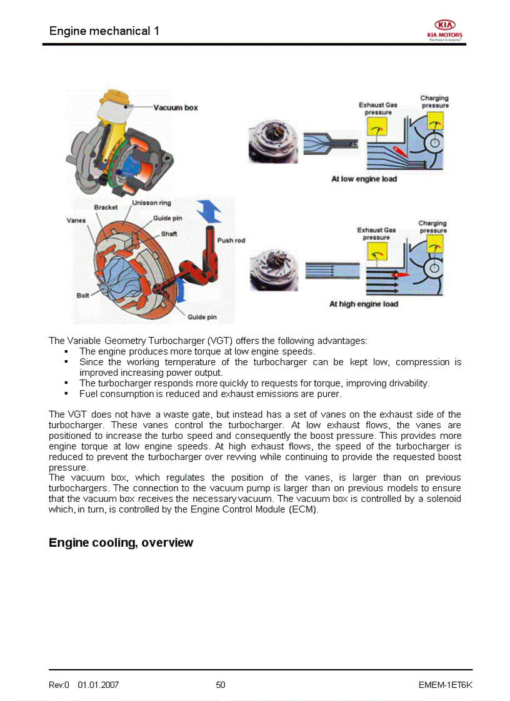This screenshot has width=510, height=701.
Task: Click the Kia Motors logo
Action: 445,29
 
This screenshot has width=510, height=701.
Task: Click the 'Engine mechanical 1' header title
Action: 104,31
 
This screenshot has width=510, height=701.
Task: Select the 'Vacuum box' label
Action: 176,108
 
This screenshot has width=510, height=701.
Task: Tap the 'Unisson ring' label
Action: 151,203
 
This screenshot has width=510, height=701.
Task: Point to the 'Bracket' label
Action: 106,207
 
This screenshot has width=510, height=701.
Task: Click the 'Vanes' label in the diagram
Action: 76,220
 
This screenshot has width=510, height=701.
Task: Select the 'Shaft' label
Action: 169,233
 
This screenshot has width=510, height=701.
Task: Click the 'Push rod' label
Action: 231,240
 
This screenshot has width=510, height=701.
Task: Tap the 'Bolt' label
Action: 82,295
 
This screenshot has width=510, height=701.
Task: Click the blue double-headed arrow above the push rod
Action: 209,212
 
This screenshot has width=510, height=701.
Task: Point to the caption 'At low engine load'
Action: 364,179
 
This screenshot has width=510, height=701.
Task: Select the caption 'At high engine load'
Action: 363,304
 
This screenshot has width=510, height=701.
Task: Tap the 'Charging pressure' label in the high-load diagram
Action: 432,227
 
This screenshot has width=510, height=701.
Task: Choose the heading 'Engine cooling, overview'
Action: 121,542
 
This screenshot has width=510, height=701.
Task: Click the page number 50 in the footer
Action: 221,685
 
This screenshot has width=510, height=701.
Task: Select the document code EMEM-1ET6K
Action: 445,685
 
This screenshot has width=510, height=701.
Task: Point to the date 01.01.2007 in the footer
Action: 98,685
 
